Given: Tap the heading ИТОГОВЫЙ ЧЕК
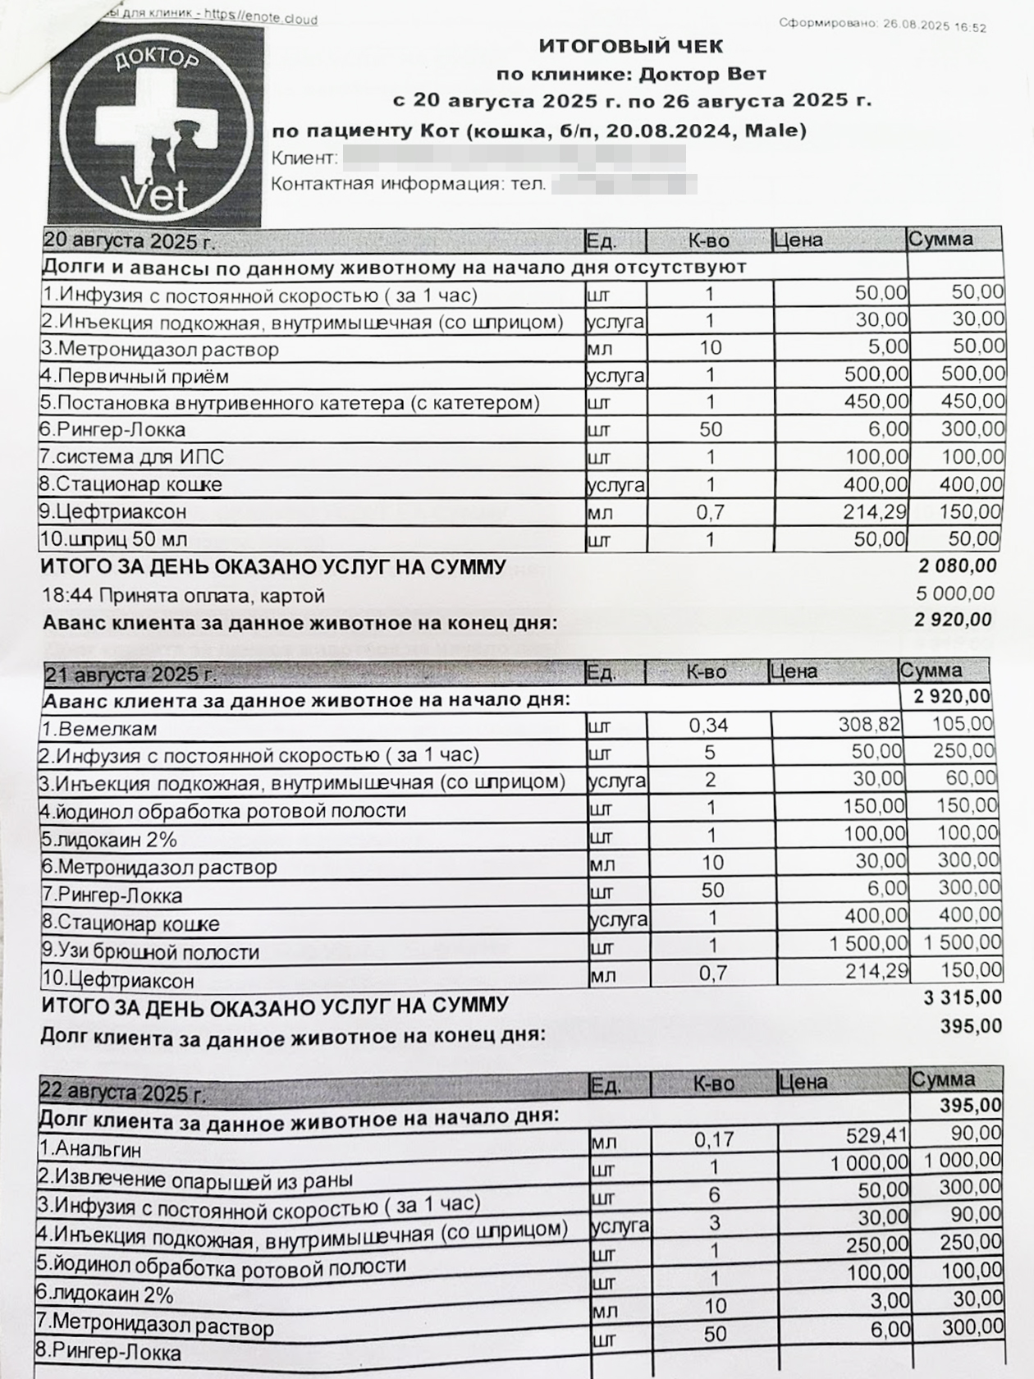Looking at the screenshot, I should click(631, 46).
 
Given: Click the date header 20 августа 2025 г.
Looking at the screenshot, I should click(129, 241).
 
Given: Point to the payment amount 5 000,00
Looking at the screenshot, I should click(954, 593).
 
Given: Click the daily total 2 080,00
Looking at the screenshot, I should click(957, 566).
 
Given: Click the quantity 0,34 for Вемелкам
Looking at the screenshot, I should click(708, 726).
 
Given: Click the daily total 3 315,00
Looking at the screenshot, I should click(962, 997).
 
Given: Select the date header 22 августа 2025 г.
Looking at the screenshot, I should click(124, 1093).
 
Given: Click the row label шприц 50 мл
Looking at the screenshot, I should click(114, 540).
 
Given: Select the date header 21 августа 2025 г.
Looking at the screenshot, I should click(130, 675).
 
